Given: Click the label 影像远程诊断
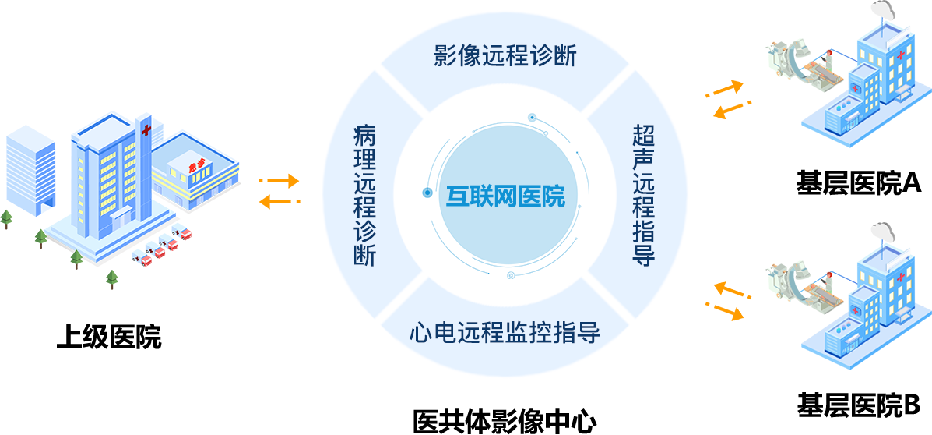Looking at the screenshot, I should [x=505, y=56].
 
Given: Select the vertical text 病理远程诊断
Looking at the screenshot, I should [x=364, y=196].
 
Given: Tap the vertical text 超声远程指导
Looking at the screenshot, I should [x=644, y=196].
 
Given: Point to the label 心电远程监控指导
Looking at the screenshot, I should [x=505, y=333].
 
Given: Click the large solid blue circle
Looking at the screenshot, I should [x=508, y=195].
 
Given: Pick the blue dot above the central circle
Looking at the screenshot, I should [x=533, y=118].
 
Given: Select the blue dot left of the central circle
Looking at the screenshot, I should [x=427, y=192].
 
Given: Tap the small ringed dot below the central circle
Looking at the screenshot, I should [x=511, y=275].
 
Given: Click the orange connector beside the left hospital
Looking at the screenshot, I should [x=280, y=191].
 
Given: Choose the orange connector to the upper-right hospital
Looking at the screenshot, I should [x=729, y=100].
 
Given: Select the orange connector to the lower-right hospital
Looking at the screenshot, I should [x=729, y=301].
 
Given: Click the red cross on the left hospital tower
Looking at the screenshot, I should [x=146, y=129].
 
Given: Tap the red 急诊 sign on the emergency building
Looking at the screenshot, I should [x=197, y=165].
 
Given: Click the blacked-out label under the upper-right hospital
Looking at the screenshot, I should [x=859, y=184].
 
